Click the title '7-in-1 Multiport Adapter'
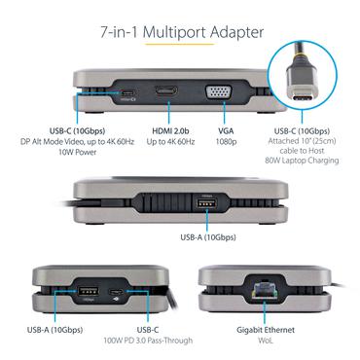coord(180,33)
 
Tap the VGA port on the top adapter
coord(216,92)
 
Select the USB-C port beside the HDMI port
coord(126,93)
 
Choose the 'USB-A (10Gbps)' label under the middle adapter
coord(207,236)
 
